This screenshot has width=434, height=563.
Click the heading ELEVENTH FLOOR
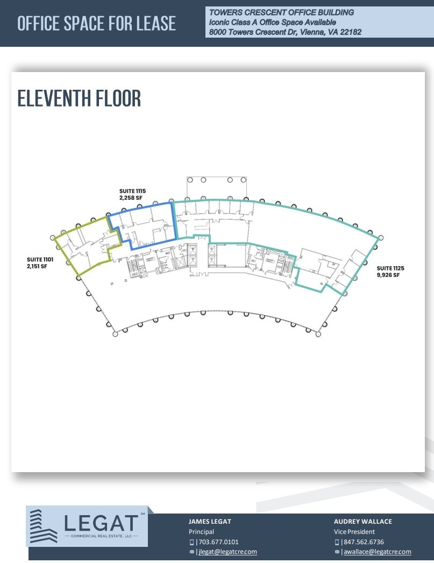point(79,99)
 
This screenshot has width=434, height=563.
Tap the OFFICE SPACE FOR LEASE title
point(96,24)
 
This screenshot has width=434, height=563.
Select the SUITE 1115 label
point(132,191)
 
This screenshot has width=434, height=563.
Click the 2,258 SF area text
point(131,198)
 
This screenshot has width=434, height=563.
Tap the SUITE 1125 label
point(390,268)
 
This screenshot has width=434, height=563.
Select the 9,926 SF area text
point(388,275)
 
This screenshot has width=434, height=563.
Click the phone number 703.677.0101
point(218,542)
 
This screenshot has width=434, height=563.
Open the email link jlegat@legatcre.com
point(227,552)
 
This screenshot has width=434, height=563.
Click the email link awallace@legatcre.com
point(376,552)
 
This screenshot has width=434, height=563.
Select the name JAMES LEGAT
point(210,522)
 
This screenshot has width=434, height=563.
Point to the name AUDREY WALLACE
point(363,522)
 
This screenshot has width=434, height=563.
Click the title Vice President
point(354,532)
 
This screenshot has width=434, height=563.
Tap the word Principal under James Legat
point(201,532)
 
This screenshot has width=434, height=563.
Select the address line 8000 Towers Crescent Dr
point(284,32)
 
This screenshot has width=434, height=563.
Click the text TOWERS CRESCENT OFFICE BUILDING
point(281,12)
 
